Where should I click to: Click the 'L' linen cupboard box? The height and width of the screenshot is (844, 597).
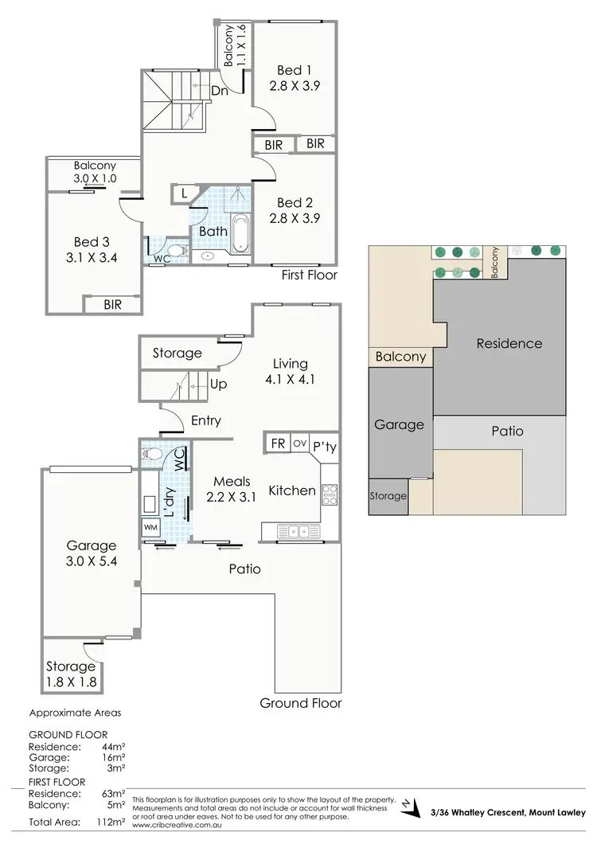183,193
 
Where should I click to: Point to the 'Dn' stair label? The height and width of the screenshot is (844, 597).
220,91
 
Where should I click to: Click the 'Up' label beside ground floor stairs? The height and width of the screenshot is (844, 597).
219,384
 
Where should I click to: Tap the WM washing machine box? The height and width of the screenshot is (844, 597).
150,527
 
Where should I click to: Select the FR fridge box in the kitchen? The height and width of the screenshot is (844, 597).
279,443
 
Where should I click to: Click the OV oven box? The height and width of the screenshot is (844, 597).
300,443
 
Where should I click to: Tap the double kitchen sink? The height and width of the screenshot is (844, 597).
299,529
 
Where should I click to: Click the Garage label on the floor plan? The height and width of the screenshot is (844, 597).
91,545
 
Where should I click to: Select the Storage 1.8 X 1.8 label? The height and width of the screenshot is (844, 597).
71,674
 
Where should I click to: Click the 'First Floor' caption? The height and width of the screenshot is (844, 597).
309,275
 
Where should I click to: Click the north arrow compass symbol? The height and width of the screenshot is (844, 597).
411,808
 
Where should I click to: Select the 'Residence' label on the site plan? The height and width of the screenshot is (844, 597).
509,343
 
